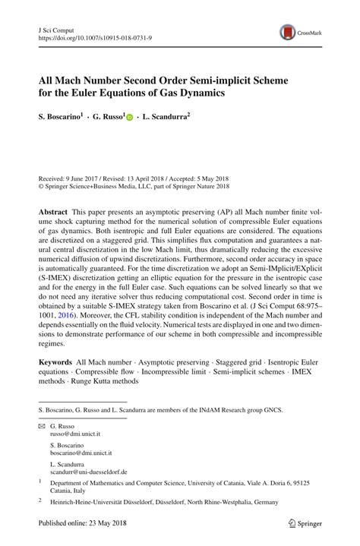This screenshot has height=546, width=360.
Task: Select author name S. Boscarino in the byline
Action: click(60, 117)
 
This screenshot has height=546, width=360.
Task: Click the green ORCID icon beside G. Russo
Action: click(129, 118)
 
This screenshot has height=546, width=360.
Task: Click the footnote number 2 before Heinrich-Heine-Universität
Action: click(40, 500)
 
